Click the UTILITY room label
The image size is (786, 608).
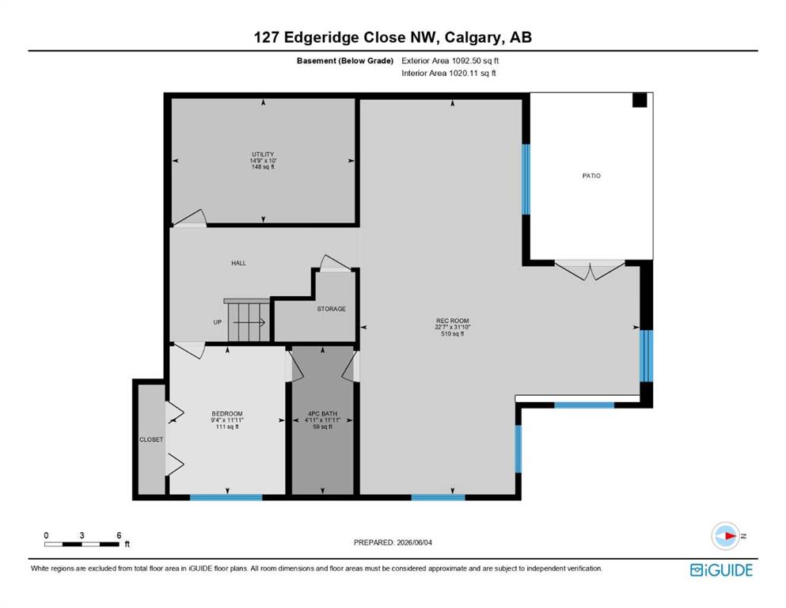click(263, 154)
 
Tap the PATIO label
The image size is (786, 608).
click(591, 176)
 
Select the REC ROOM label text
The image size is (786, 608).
click(452, 321)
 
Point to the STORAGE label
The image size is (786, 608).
click(332, 309)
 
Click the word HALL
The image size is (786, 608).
click(238, 263)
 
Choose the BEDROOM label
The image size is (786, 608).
click(227, 413)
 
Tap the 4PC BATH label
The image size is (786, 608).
click(322, 413)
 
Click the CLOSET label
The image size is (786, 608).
click(151, 439)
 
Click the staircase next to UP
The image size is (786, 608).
click(248, 321)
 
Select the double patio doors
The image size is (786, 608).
click(590, 270)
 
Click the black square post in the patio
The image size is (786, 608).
click(640, 101)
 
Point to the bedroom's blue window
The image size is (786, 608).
click(226, 497)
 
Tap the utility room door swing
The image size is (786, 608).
click(190, 218)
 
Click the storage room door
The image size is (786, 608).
click(335, 263)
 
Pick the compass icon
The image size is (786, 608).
click(725, 536)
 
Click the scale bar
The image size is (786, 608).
click(82, 544)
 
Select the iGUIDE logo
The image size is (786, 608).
click(721, 570)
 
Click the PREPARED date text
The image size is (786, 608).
click(393, 542)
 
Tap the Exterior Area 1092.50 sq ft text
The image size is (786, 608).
click(450, 61)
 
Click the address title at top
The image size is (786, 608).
click(393, 37)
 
